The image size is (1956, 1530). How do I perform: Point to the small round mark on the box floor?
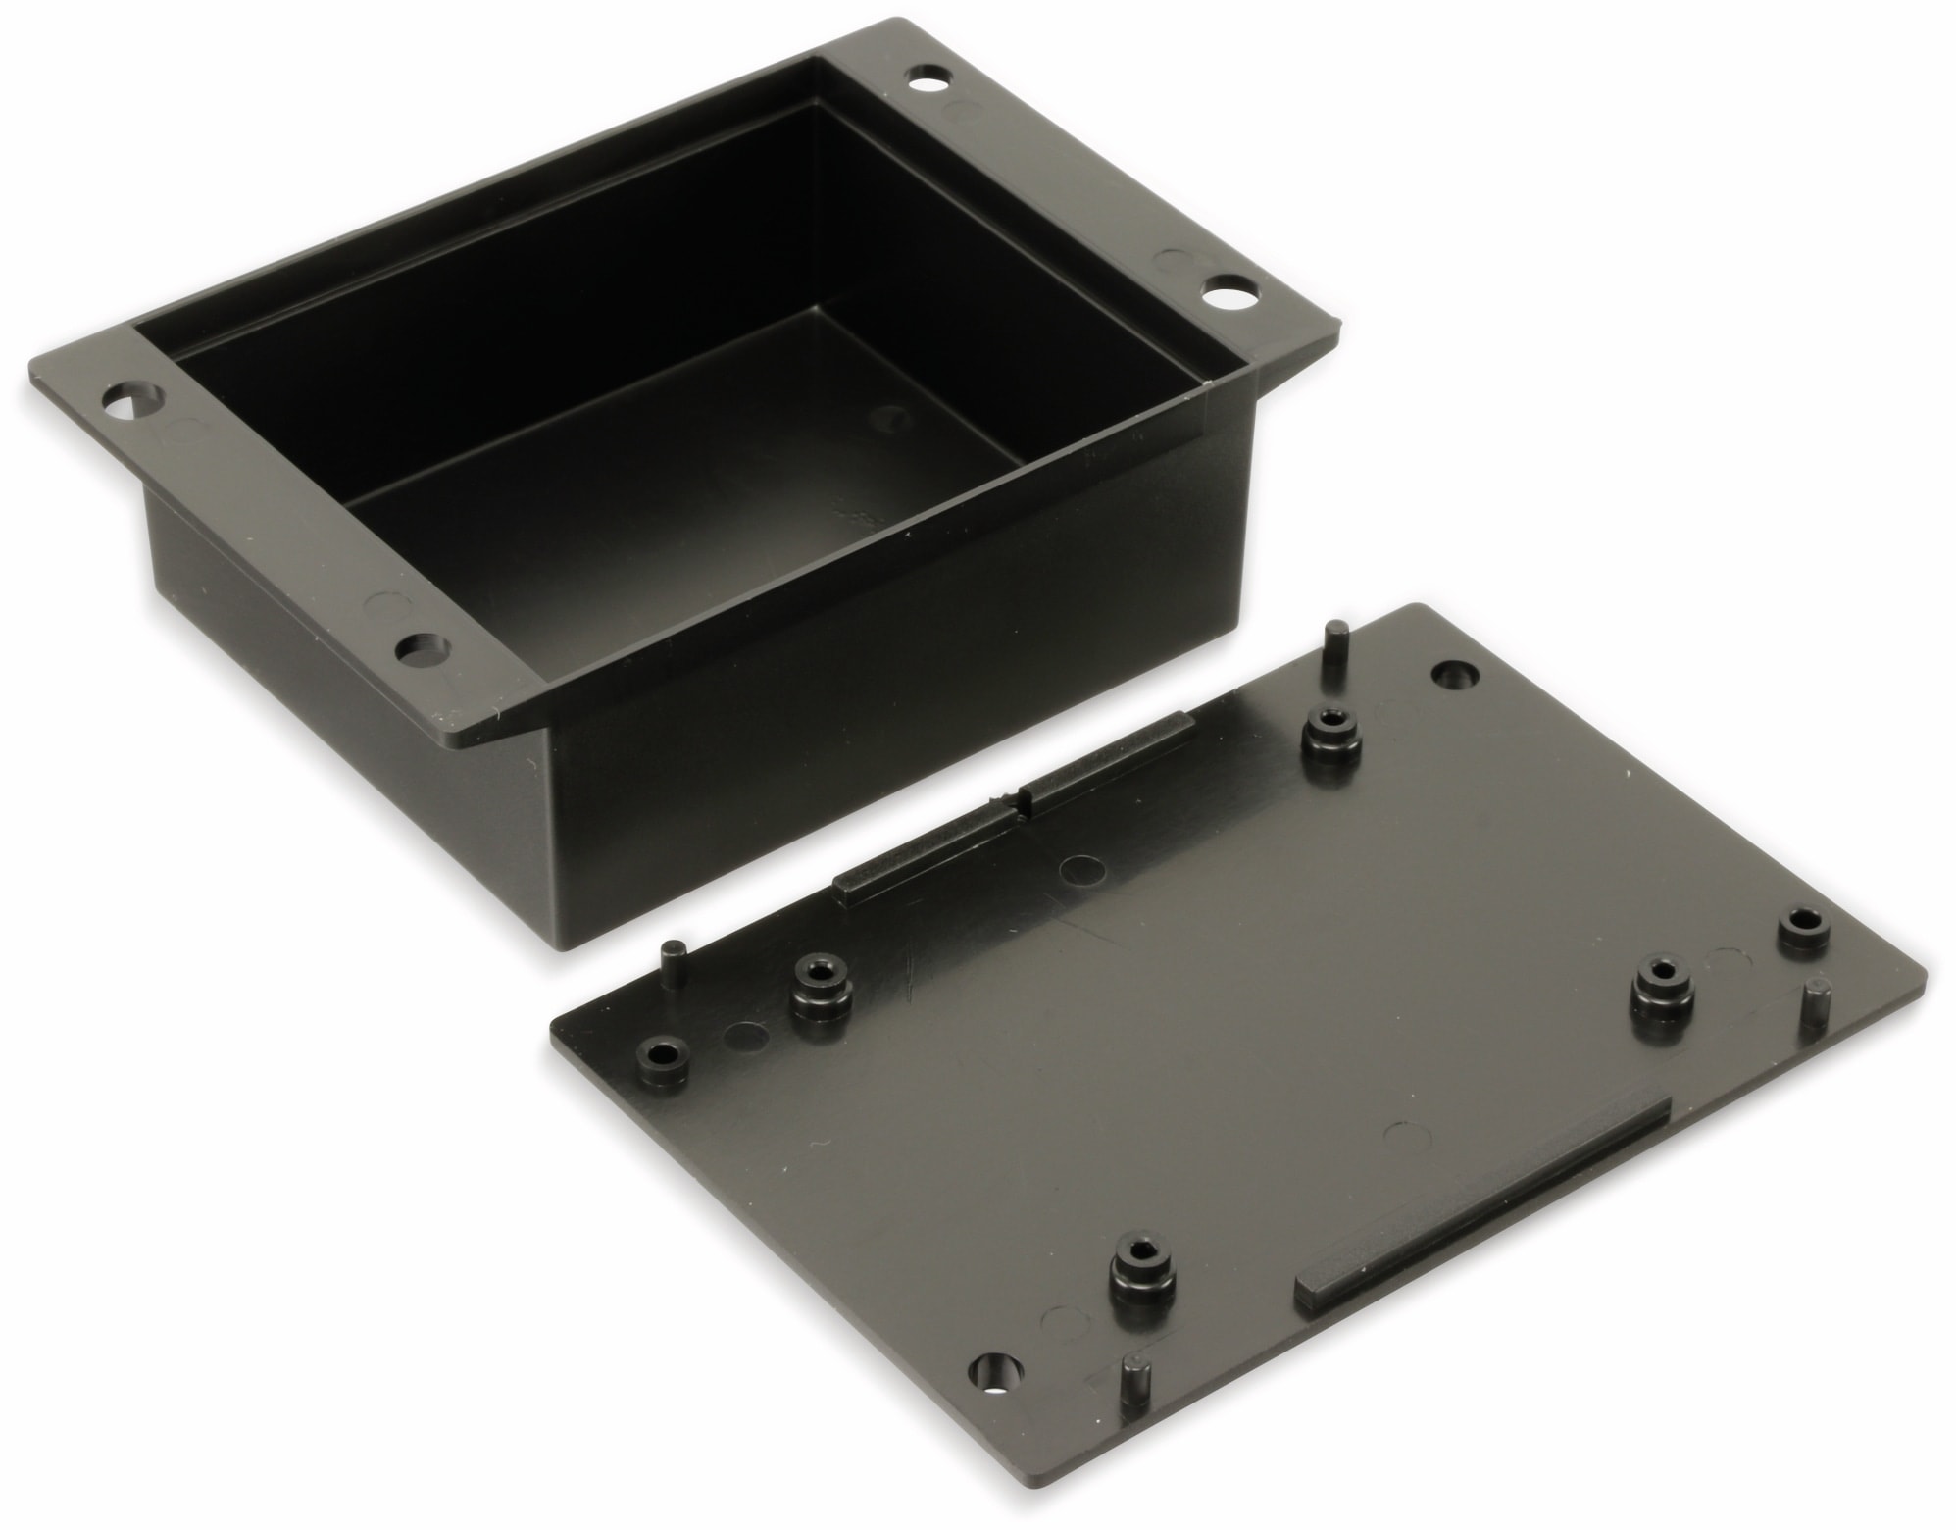click(x=890, y=419)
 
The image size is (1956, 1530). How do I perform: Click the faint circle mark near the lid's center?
click(x=1082, y=869)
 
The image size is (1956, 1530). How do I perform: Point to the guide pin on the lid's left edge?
click(x=676, y=962)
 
